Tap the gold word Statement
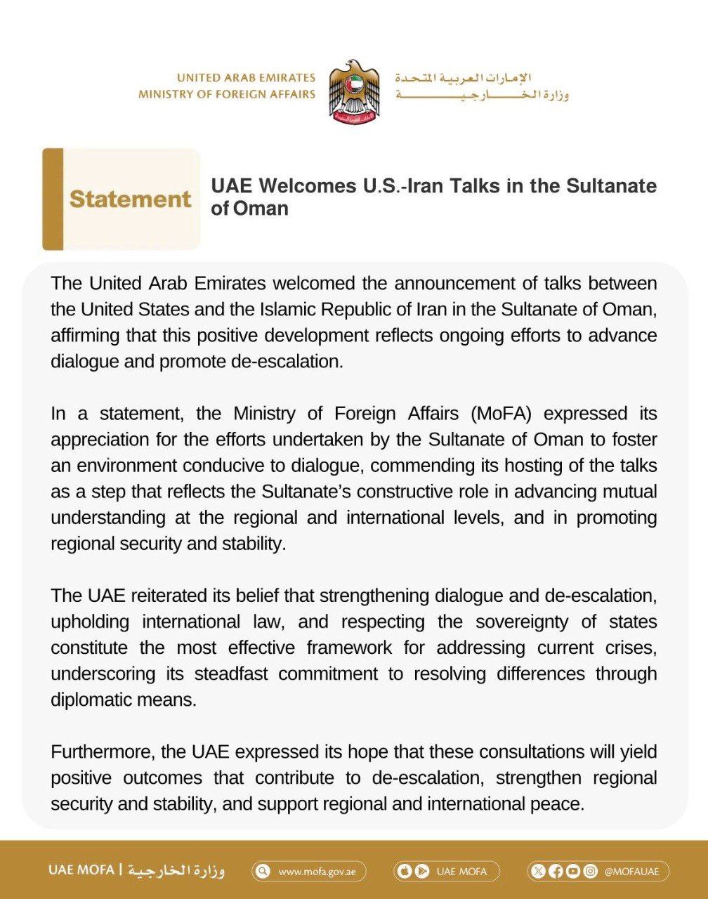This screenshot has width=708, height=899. (x=130, y=199)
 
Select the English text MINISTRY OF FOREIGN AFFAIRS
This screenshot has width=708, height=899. (x=227, y=94)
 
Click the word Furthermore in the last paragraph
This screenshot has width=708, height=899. (x=103, y=752)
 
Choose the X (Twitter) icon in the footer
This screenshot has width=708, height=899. (x=539, y=872)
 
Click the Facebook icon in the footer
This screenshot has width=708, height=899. (x=556, y=872)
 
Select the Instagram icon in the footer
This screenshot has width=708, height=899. (x=591, y=872)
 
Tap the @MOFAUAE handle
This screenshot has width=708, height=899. (x=631, y=872)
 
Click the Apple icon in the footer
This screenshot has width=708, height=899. (x=405, y=872)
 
